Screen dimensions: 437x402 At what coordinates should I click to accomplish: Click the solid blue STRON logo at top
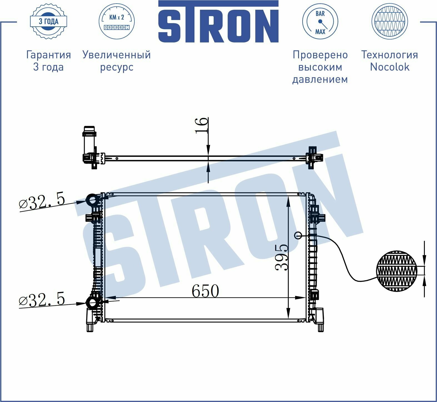pos(218,21)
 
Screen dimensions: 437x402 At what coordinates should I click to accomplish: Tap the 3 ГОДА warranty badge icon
pos(48,21)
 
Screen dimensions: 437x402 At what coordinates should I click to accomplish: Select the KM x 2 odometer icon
pos(117,21)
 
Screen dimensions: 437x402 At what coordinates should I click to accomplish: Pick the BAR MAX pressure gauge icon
pos(320,21)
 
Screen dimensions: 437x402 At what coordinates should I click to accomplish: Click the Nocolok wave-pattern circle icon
pos(389,21)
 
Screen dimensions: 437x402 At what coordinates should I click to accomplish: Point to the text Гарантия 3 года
pos(48,61)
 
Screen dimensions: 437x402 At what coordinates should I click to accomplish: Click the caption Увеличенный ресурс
pos(117,61)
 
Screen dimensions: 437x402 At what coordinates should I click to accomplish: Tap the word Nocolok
pos(389,67)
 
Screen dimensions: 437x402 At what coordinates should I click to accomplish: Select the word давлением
pos(320,79)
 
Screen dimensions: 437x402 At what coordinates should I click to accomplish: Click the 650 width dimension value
pos(205,291)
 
